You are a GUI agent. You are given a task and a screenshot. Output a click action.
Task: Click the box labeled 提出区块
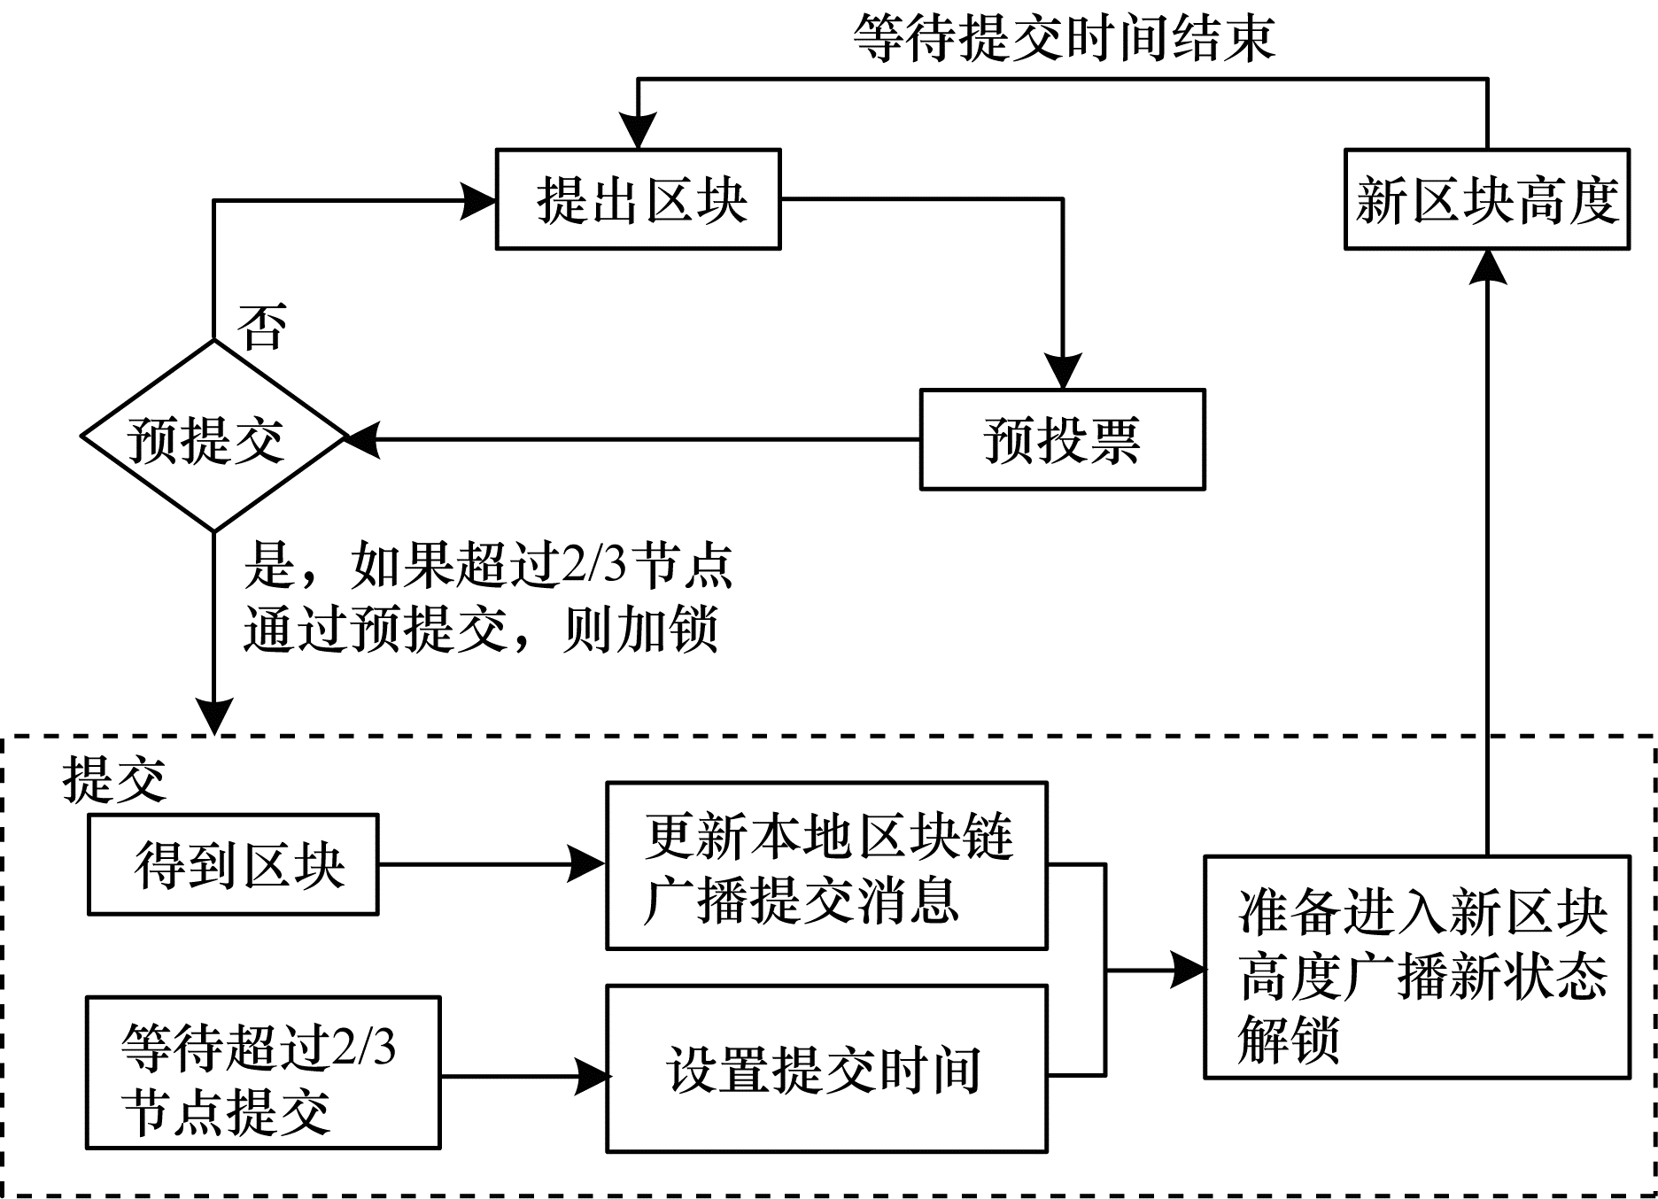pyautogui.click(x=638, y=199)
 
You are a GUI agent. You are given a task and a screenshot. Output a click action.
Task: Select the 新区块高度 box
pyautogui.click(x=1486, y=199)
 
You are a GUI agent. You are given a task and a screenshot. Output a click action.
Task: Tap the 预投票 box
pyautogui.click(x=1062, y=439)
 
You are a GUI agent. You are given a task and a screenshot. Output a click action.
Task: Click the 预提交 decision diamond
pyautogui.click(x=213, y=437)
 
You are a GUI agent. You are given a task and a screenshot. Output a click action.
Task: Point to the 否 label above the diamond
pyautogui.click(x=262, y=327)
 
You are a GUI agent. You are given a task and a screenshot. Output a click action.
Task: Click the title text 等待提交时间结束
pyautogui.click(x=1063, y=39)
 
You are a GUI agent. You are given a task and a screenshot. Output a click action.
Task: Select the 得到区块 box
pyautogui.click(x=233, y=864)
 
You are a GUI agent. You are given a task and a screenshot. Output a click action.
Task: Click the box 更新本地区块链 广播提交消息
pyautogui.click(x=826, y=865)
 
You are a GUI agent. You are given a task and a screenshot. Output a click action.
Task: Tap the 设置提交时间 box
pyautogui.click(x=826, y=1069)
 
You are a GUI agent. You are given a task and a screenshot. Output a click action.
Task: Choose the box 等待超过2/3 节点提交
pyautogui.click(x=263, y=1072)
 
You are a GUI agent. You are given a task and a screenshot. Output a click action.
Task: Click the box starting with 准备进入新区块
pyautogui.click(x=1416, y=967)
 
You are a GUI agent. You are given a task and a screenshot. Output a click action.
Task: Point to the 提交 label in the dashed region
pyautogui.click(x=114, y=780)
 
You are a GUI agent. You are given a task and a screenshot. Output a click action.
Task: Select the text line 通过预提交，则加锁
pyautogui.click(x=481, y=630)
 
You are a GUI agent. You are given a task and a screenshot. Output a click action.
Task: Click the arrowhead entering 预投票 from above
pyautogui.click(x=1062, y=372)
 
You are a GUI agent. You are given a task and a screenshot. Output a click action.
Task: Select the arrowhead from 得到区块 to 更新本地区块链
pyautogui.click(x=586, y=864)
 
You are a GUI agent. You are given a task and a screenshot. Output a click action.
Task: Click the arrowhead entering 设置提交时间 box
pyautogui.click(x=591, y=1077)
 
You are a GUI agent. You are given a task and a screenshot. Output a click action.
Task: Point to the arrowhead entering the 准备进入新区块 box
pyautogui.click(x=1187, y=971)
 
